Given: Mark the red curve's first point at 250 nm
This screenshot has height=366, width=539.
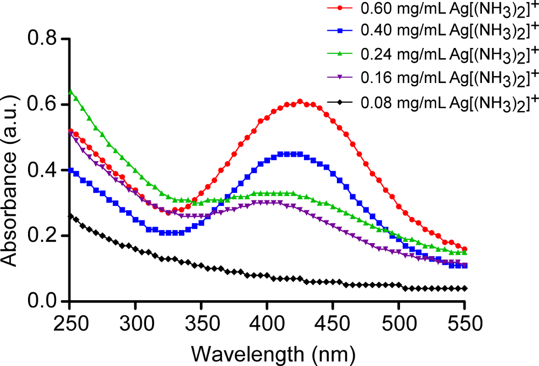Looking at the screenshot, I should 70,130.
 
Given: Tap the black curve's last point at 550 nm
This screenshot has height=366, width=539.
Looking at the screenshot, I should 465,288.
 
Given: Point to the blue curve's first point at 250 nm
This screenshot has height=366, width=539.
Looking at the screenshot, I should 70,170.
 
